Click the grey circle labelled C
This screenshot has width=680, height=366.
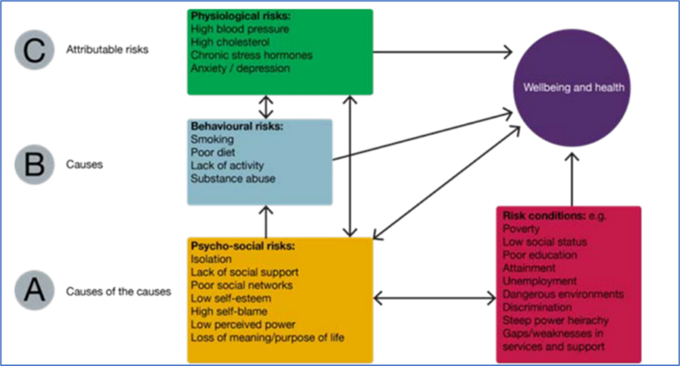(x=37, y=50)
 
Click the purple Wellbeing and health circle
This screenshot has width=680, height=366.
(x=573, y=88)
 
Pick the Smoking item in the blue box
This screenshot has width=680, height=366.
(x=211, y=139)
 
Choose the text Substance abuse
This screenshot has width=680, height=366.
(x=233, y=178)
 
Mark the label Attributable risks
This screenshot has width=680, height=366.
(x=107, y=50)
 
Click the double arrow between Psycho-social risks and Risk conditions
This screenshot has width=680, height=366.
(x=434, y=298)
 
